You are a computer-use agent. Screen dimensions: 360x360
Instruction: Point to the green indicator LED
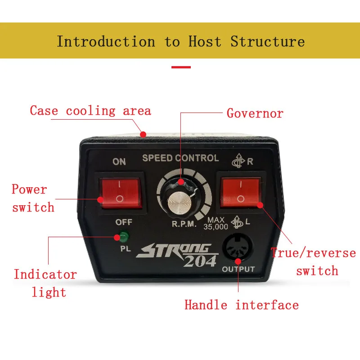(122, 235)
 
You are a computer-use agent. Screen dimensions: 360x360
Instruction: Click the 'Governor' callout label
(255, 113)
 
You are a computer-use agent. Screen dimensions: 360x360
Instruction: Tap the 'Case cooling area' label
(90, 111)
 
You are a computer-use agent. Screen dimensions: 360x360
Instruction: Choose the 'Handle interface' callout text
(241, 305)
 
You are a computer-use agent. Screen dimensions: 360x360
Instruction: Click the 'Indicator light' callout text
(45, 283)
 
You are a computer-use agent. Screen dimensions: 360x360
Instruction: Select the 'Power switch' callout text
(32, 198)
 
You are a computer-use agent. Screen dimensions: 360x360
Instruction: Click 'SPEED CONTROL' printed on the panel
(180, 158)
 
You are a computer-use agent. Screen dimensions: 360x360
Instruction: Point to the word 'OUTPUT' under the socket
(238, 270)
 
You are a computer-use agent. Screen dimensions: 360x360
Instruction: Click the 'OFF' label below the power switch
(123, 222)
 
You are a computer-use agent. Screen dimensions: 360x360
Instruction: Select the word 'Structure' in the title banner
(267, 42)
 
